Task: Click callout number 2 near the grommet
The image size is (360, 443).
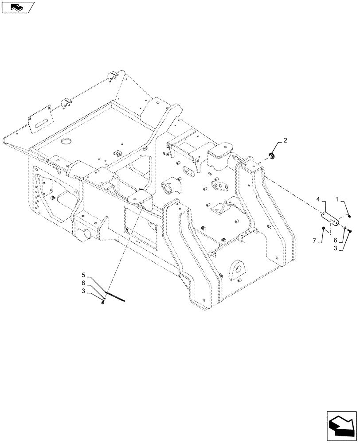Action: [x=285, y=140]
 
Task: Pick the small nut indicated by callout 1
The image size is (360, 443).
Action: [x=350, y=216]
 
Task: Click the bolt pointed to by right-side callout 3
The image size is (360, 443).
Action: [x=350, y=230]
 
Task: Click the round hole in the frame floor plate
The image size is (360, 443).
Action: [x=67, y=141]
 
